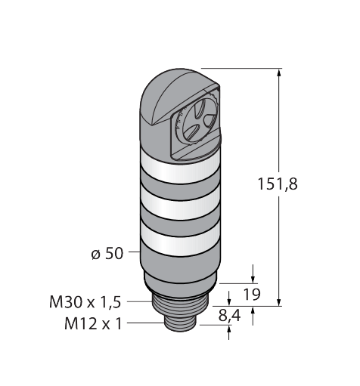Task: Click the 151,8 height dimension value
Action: pos(278,184)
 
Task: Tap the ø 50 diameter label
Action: pos(107,253)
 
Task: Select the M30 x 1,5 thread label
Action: pos(85,302)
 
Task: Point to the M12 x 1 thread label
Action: pos(93,323)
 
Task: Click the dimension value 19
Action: pos(251,294)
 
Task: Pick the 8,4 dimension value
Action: pos(229,316)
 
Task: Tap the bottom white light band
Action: pos(180,239)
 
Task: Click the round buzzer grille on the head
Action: pos(198,120)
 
